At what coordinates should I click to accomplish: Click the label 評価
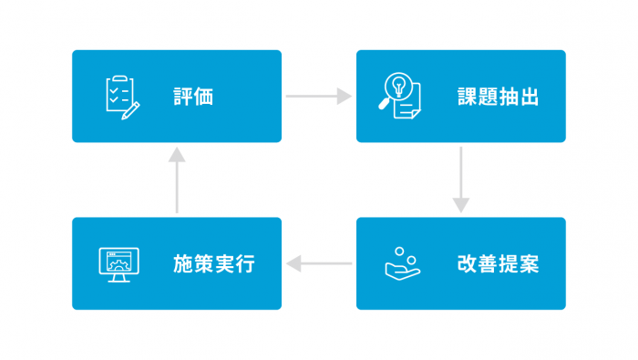[x=193, y=97]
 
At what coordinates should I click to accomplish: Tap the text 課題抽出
[x=498, y=97]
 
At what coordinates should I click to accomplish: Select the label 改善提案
[x=498, y=264]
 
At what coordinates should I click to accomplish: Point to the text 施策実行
[x=213, y=264]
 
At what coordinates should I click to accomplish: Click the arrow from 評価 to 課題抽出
[x=318, y=96]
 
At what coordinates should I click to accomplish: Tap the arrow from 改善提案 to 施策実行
[x=318, y=264]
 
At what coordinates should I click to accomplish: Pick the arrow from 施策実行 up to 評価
[x=177, y=180]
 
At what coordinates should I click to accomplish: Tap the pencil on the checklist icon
[x=133, y=109]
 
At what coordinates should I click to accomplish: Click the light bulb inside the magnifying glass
[x=397, y=86]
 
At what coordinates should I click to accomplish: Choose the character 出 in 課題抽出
[x=529, y=97]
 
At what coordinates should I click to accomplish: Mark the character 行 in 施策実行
[x=244, y=264]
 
